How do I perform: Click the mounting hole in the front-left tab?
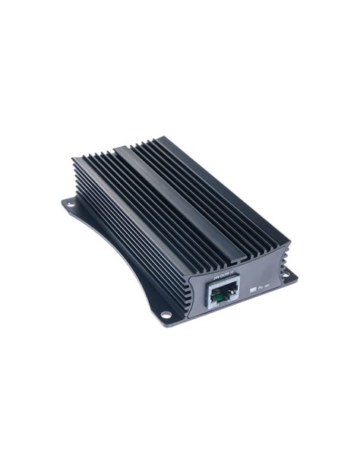(166, 314)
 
